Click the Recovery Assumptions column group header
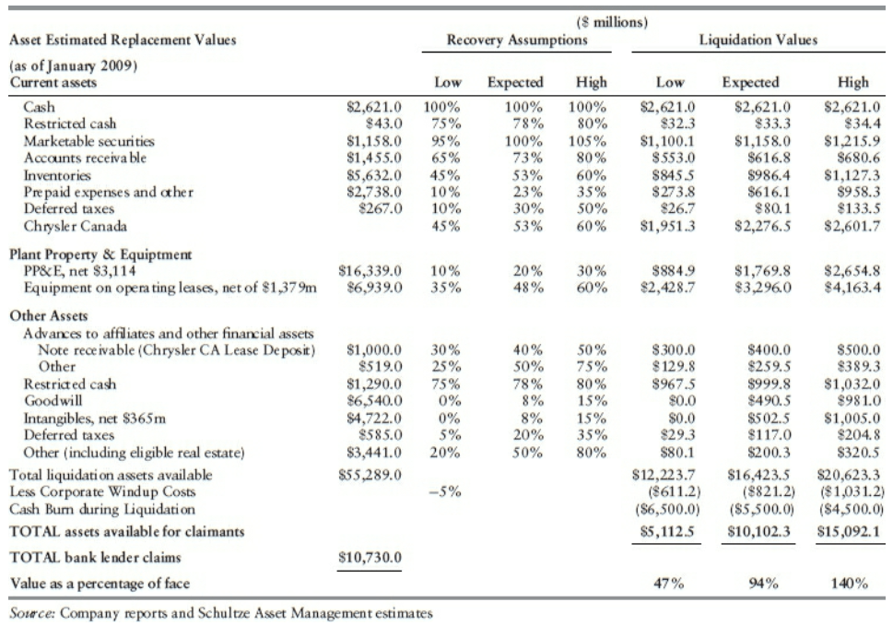click(x=516, y=40)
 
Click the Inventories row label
click(x=56, y=173)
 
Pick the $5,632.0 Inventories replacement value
click(x=372, y=173)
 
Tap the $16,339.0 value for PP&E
click(x=371, y=270)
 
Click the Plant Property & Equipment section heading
click(x=101, y=254)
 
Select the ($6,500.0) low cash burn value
click(x=669, y=509)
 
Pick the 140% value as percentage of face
click(x=850, y=583)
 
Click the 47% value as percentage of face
click(x=667, y=583)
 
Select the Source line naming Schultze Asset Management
click(x=220, y=610)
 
